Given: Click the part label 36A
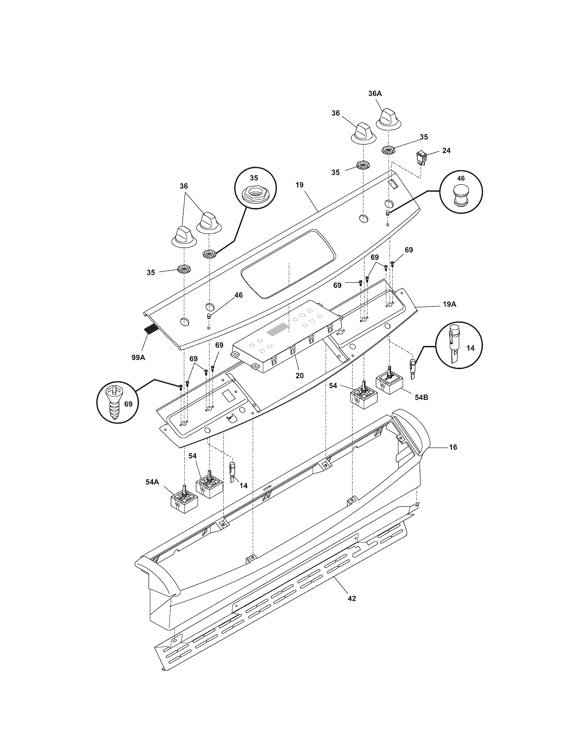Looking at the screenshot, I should click(x=375, y=94).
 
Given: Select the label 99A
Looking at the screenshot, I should click(x=138, y=357).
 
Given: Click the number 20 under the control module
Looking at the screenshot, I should click(x=299, y=376).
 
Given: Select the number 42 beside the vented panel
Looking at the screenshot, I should click(x=351, y=599).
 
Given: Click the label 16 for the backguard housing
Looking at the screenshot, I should click(x=453, y=447).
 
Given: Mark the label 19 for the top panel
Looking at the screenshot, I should click(x=299, y=185).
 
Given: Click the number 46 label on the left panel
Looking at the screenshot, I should click(x=238, y=295).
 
